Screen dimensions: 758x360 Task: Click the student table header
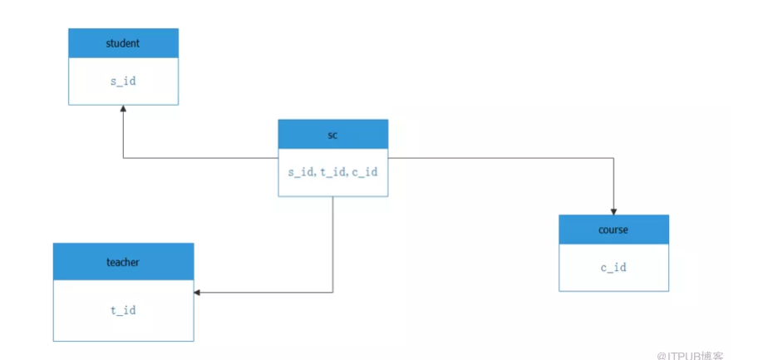[x=123, y=43]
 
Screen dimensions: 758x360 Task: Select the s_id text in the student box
[x=123, y=81]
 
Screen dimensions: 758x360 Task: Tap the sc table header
[x=333, y=134]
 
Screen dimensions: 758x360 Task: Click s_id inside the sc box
[x=301, y=172]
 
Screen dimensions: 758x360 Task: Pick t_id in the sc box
[x=332, y=172]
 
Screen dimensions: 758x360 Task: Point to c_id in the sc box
[x=365, y=172]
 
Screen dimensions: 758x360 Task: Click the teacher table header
[x=123, y=262]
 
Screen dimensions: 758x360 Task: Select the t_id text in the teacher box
[x=123, y=310]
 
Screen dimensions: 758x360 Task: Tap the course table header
[x=614, y=229]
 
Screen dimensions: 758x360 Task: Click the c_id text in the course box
[x=614, y=267]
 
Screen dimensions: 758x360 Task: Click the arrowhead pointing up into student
[x=123, y=109]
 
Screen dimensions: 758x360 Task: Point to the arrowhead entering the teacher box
[x=197, y=293]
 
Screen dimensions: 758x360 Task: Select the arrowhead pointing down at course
[x=614, y=211]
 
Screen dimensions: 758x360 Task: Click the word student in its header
[x=123, y=43]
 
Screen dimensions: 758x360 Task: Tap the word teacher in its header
[x=123, y=262]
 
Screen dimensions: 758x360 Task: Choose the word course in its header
[x=613, y=229]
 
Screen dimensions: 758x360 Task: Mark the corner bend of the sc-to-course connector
[x=614, y=158]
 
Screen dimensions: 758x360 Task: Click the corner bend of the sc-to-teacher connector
[x=332, y=293]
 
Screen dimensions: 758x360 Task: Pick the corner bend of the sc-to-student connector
[x=123, y=158]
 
